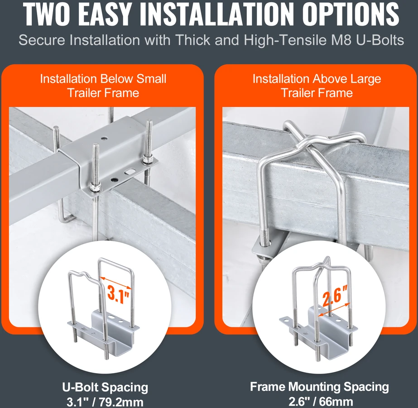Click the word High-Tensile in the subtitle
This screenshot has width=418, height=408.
tap(285, 40)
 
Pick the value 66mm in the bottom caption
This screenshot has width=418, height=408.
tap(338, 402)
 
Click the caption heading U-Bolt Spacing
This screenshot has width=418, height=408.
tap(105, 388)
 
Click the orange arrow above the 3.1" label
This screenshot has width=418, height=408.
tap(115, 283)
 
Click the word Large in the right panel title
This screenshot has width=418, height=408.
tap(365, 79)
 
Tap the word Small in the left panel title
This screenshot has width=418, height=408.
tap(151, 79)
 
